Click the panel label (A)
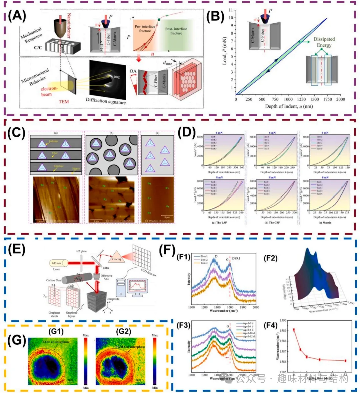pos(17,16)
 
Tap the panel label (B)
pos(215,16)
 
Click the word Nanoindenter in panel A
pos(69,25)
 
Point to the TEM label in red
pos(63,101)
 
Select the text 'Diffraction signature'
pos(106,101)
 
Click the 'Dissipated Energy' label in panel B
pos(324,42)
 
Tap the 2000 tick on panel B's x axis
pos(340,99)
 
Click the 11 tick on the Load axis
pos(231,10)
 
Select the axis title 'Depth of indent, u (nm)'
pos(289,106)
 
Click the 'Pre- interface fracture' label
pos(145,28)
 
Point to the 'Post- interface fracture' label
pos(176,31)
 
